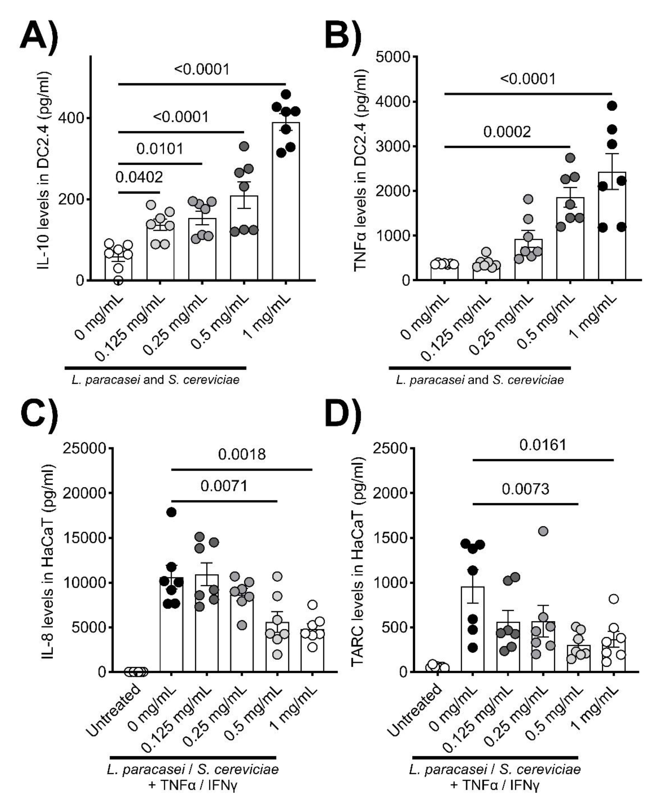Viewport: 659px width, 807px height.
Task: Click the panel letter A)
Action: coord(39,35)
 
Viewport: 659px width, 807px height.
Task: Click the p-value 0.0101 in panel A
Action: coord(160,149)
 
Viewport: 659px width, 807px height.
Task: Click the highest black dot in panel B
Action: coord(612,106)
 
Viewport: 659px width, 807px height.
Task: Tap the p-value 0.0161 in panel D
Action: coord(543,445)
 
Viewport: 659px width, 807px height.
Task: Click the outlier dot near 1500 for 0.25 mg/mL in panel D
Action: coord(543,531)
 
